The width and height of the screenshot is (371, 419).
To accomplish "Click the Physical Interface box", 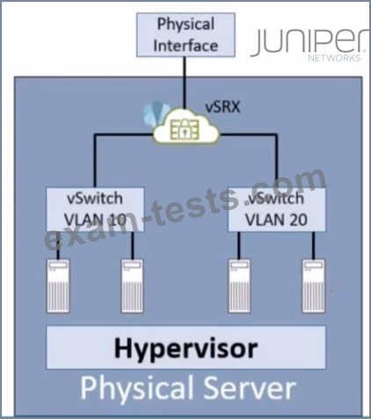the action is click(185, 35).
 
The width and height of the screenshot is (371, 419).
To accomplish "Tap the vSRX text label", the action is click(222, 106).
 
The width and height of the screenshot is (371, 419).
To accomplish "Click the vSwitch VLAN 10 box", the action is click(95, 210).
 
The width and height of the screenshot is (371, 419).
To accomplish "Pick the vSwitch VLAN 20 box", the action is click(277, 210).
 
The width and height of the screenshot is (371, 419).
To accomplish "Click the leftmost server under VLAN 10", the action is click(58, 286).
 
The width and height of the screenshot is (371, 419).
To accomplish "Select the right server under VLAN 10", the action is click(133, 286).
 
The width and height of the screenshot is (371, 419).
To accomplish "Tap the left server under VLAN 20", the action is click(240, 286).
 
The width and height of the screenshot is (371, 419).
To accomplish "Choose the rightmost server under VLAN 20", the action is click(314, 286).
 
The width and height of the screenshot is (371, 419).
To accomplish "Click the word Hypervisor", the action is click(186, 349).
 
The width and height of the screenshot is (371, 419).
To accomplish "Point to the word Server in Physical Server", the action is click(250, 387).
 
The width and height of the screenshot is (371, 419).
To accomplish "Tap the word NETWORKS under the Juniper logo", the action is click(334, 58).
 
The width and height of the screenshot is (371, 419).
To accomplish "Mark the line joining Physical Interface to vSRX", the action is click(185, 83).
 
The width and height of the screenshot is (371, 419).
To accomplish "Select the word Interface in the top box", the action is click(185, 46).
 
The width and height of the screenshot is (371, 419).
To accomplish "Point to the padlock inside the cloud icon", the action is click(184, 130).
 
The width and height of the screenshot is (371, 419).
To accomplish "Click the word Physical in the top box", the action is click(185, 25).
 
